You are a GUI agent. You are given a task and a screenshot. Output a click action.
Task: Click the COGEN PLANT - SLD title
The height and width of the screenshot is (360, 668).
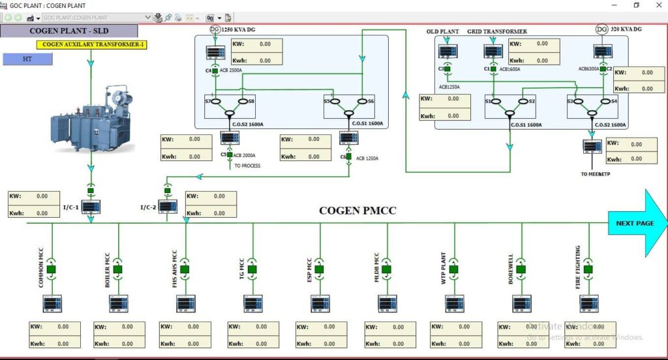[69, 31]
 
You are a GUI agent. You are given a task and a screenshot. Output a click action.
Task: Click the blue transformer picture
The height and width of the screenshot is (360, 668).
[92, 118]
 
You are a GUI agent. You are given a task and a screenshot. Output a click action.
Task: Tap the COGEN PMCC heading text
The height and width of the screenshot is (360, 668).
[357, 211]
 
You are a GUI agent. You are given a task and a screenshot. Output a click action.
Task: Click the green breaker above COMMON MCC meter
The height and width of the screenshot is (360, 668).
[52, 269]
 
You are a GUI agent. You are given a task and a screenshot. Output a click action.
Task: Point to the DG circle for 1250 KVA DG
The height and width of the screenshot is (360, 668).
[215, 29]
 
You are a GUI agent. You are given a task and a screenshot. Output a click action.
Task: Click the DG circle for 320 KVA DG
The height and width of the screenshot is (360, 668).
[602, 29]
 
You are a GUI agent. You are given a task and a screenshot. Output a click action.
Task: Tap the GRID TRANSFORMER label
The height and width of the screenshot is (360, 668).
[497, 31]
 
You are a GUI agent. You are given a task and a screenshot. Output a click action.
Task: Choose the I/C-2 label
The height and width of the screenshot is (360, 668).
[148, 207]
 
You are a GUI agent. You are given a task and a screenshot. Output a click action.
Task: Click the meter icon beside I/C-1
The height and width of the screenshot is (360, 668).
[91, 207]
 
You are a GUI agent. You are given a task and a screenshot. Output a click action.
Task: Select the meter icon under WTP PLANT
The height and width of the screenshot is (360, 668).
[455, 303]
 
